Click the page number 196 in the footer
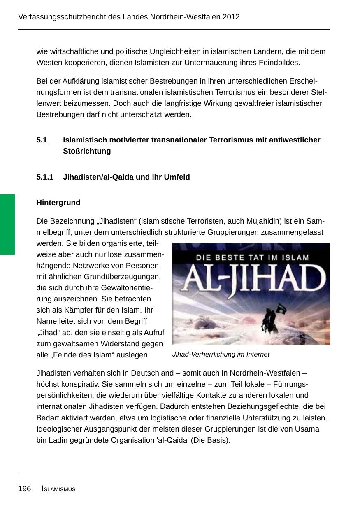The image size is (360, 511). pyautogui.click(x=25, y=489)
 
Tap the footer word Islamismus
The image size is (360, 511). pyautogui.click(x=59, y=489)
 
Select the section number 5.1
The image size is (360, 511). pyautogui.click(x=42, y=140)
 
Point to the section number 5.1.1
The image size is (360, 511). pyautogui.click(x=45, y=177)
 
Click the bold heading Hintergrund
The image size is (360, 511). pyautogui.click(x=58, y=203)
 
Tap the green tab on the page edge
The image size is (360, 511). pyautogui.click(x=7, y=224)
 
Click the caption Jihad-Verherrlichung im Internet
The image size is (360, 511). pyautogui.click(x=221, y=355)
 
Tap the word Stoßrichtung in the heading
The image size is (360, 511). pyautogui.click(x=87, y=151)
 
